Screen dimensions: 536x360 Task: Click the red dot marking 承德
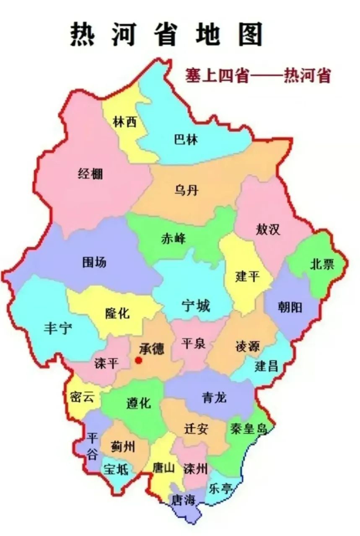coord(138,360)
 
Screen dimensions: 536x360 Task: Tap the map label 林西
coord(125,122)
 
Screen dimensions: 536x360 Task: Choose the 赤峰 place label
coord(173,239)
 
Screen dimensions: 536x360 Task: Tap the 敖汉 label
coord(268,229)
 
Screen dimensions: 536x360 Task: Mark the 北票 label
coord(322,264)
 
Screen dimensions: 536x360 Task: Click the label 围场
coord(94,263)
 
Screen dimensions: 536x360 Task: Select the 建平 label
coord(248,276)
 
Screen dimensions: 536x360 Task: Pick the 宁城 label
coord(196,306)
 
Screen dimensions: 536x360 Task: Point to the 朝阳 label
coord(290,308)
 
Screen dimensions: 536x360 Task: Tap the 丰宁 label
coord(58,328)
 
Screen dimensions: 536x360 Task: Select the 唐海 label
coord(184,500)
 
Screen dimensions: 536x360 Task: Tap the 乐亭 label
coord(220,488)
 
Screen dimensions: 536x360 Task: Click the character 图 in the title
coord(251,34)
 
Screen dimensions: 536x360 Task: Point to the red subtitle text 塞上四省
coord(218,77)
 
